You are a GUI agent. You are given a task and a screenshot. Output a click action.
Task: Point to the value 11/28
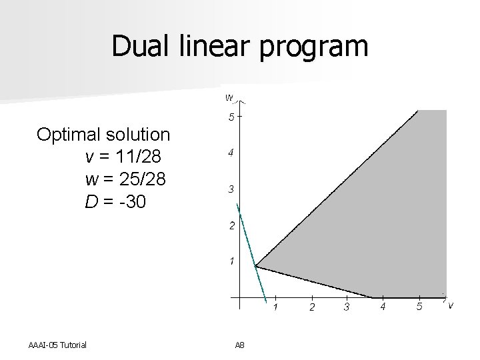(138, 157)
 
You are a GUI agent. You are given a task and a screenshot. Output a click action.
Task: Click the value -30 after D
(130, 202)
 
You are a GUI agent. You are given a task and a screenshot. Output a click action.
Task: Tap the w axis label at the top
(229, 97)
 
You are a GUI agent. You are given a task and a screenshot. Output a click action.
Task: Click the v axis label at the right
(451, 305)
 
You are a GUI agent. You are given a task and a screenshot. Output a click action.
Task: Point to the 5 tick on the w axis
(231, 118)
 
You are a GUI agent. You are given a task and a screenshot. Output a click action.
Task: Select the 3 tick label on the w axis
(231, 190)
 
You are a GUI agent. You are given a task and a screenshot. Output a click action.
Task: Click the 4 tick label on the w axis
(231, 154)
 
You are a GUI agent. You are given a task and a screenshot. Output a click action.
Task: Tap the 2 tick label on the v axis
(312, 307)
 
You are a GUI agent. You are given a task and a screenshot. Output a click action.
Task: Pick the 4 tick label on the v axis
(383, 307)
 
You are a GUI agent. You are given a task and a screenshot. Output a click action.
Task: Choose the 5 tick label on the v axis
(419, 307)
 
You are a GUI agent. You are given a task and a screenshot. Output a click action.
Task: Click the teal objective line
(251, 247)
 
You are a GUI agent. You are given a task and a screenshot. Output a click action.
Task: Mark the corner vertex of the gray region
(256, 267)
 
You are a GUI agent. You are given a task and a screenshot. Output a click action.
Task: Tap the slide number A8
(240, 344)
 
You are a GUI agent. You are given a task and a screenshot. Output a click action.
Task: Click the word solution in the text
(140, 135)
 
